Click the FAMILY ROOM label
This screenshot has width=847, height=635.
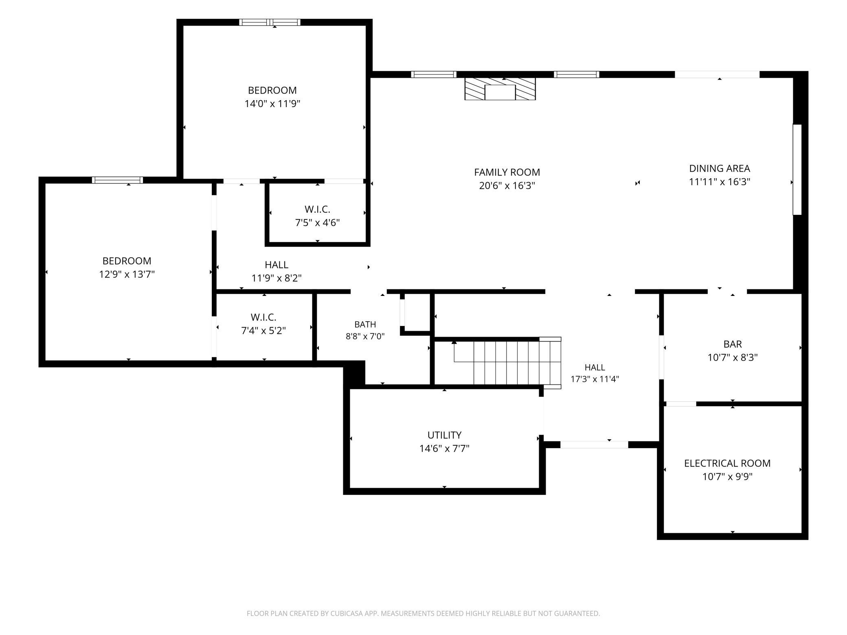click(507, 172)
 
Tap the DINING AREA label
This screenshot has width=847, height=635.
click(720, 168)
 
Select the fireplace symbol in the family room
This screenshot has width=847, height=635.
click(500, 89)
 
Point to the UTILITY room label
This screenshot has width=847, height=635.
click(444, 435)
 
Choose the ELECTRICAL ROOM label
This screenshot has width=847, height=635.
click(727, 463)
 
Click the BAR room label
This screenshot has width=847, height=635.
click(733, 344)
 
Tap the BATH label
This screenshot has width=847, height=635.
click(365, 324)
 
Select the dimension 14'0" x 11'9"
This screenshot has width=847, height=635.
click(272, 104)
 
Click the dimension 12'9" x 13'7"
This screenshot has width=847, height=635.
click(127, 274)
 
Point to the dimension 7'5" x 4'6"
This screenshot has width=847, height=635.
click(317, 223)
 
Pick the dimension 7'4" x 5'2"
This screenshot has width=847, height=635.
click(263, 331)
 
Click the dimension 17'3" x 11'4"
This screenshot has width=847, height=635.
click(595, 379)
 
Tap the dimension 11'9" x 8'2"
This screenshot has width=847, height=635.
click(276, 278)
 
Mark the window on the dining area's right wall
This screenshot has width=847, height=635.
click(797, 169)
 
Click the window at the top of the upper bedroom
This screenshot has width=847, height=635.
click(270, 22)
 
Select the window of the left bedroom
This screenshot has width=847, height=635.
click(117, 180)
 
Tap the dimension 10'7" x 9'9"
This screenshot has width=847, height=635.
click(727, 477)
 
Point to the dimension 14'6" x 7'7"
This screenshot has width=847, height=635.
click(444, 449)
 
